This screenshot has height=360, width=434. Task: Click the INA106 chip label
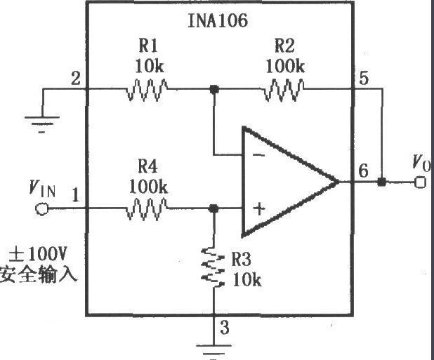pos(218,20)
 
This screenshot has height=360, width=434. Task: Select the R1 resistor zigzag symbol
pos(147,89)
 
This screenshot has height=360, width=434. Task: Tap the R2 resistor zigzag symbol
pos(284,89)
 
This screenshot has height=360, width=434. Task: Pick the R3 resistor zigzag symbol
pos(213,268)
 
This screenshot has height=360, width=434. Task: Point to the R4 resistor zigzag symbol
pos(147,208)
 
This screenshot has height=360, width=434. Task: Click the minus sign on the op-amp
pos(259,155)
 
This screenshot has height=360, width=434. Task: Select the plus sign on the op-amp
pos(259,208)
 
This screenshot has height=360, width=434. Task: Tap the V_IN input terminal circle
pos(42,208)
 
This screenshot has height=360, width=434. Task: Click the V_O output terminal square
pos(420,182)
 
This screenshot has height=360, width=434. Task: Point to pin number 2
pos(75,79)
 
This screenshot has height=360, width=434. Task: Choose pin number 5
pos(364,79)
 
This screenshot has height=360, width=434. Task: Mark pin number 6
pos(363,171)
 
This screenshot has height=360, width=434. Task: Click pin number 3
pos(225,327)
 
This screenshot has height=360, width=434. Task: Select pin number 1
pos(75,195)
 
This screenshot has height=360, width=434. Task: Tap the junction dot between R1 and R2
pos(214,89)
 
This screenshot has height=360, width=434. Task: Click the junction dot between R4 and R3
pos(213,208)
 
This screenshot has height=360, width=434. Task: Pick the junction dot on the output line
pos(382,182)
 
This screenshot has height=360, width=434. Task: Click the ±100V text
pos(38,254)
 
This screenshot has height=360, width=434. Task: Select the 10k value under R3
pos(246,280)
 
